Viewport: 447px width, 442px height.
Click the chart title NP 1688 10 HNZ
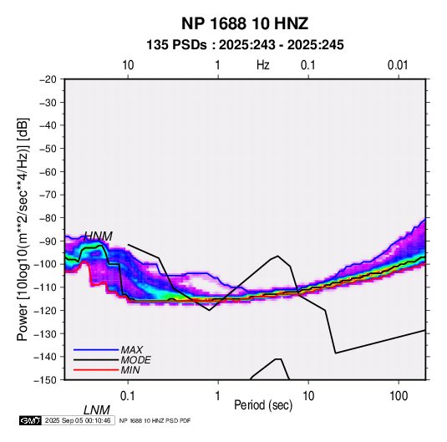[245, 23]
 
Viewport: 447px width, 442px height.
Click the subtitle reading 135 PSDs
[176, 45]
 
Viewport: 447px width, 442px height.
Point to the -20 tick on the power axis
[48, 79]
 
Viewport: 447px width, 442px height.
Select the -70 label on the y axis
[48, 195]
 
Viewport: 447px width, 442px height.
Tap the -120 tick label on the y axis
[46, 310]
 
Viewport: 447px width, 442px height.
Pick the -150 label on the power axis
[46, 380]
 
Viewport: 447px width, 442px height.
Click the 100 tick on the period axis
[399, 396]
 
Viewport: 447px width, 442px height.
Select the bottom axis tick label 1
[218, 396]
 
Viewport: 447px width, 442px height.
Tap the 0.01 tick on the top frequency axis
[398, 65]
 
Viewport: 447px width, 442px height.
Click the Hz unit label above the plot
[263, 65]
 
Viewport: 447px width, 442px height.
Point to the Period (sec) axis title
[263, 405]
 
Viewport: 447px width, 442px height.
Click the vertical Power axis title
[23, 230]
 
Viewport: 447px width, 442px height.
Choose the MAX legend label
[131, 349]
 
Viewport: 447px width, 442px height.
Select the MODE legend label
[135, 360]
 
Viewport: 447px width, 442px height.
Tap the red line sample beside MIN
[96, 370]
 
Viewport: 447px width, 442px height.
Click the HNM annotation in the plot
[99, 236]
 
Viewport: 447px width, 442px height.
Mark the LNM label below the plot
[97, 410]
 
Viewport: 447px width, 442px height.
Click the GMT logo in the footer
[31, 420]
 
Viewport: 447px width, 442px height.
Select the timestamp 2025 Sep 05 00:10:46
[78, 420]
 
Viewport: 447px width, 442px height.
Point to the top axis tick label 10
[128, 65]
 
